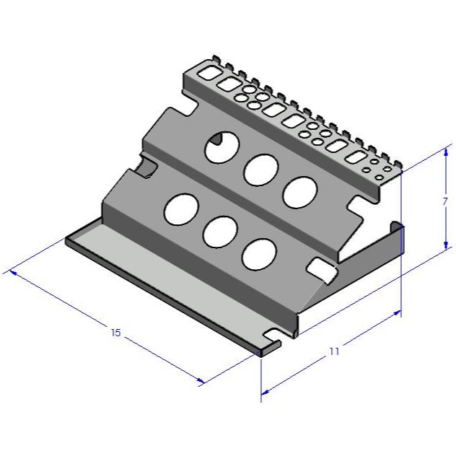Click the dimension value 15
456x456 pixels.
115,333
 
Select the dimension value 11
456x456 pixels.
334,351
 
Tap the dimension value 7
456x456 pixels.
444,203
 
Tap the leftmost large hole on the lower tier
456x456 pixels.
181,208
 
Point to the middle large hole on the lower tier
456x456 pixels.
221,232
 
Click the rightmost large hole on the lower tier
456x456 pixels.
259,254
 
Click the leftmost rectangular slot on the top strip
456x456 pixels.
208,73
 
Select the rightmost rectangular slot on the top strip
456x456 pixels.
356,157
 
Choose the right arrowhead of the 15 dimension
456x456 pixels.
203,382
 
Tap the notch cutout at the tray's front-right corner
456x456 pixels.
273,337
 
